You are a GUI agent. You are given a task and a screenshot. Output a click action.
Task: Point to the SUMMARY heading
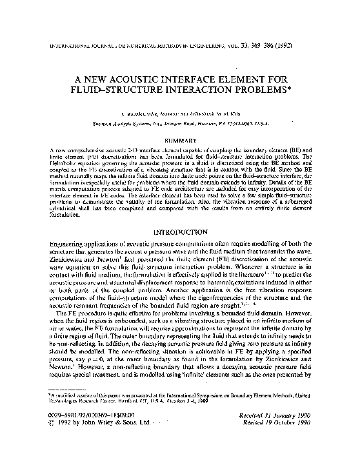(179, 139)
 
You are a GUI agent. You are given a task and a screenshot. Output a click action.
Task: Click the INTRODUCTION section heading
(179, 230)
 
